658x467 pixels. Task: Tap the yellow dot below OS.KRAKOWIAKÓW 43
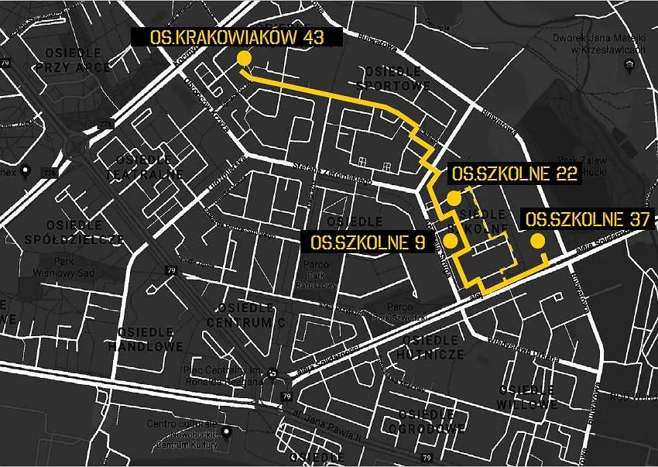[x=244, y=59]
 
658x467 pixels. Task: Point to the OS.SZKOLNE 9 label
[x=368, y=242]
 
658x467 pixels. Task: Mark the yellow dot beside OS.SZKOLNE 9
[x=450, y=241]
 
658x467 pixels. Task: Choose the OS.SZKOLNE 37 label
[x=586, y=219]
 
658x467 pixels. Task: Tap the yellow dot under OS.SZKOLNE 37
[x=536, y=242]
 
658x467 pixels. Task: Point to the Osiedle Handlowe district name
[x=151, y=338]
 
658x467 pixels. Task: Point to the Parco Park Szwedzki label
[x=399, y=312]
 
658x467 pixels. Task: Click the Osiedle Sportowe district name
[x=394, y=78]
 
